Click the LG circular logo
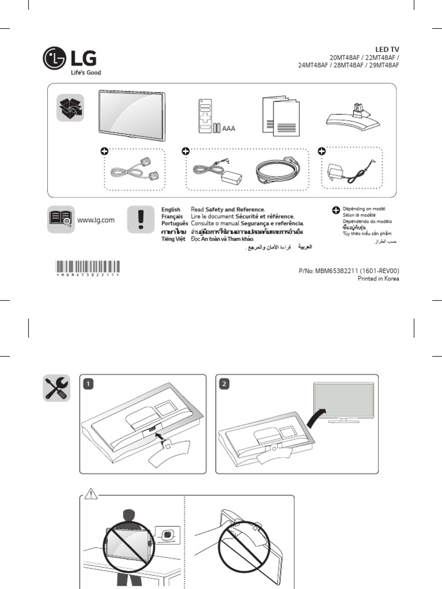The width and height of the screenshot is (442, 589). (x=55, y=59)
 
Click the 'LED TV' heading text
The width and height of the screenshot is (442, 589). (x=387, y=50)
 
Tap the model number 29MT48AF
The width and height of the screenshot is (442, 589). (x=382, y=66)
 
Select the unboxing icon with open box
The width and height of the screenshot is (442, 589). (x=70, y=108)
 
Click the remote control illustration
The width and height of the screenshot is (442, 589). (x=205, y=116)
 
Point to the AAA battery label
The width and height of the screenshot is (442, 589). (x=229, y=128)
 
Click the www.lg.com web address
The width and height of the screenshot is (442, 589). (x=96, y=220)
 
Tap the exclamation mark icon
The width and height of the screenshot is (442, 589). (x=140, y=220)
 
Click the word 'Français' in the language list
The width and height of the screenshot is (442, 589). (x=172, y=216)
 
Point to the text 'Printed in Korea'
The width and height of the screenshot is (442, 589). (x=378, y=278)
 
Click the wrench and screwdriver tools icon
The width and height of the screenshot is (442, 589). (x=57, y=388)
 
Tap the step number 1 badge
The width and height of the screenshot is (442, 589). (x=88, y=384)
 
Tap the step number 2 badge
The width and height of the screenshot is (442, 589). (x=225, y=384)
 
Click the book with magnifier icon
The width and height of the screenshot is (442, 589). (x=60, y=219)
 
